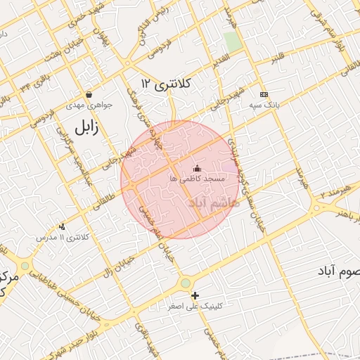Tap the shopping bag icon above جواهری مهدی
(x=89, y=94)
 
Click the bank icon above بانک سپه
(x=264, y=94)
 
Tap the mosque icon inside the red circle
(x=197, y=168)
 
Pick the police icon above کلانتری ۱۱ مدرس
(x=63, y=226)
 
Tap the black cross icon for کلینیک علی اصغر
(x=195, y=296)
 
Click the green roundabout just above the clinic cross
(x=185, y=283)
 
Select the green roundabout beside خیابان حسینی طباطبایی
(x=26, y=266)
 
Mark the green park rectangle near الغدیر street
(x=233, y=41)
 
